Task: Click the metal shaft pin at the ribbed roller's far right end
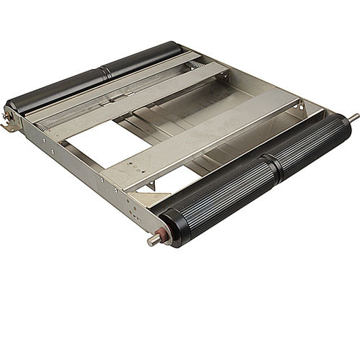coord(354,117)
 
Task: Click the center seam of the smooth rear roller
coord(105,72)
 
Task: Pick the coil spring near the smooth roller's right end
coord(197,66)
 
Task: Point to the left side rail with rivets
coord(79,166)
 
